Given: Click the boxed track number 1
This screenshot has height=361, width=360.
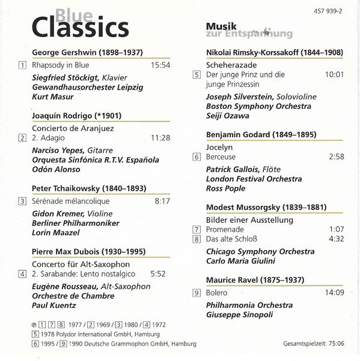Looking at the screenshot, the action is [22, 66].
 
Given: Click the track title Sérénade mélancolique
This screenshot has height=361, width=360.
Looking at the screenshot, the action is [69, 200].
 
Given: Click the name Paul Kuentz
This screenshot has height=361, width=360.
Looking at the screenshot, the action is [52, 306].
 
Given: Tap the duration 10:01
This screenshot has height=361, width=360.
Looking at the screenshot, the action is [334, 75].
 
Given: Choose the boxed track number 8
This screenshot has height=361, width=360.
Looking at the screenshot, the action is [197, 239].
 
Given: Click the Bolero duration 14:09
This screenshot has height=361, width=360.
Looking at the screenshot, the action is [334, 293].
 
